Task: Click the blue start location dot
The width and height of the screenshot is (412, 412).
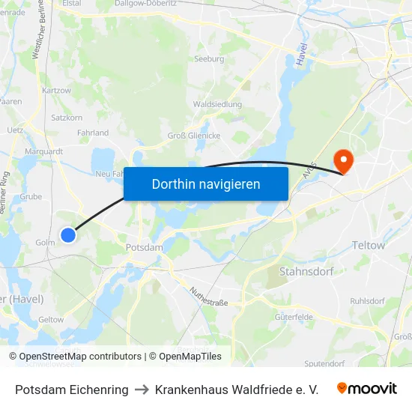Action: (68, 235)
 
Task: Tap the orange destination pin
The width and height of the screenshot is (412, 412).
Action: (344, 160)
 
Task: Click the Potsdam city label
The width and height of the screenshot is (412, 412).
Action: (145, 247)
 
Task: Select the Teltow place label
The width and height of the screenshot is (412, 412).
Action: (368, 245)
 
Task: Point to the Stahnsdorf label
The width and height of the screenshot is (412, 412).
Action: (305, 270)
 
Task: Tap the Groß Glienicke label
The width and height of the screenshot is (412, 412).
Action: (193, 136)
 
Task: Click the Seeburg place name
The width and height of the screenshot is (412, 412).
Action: (209, 58)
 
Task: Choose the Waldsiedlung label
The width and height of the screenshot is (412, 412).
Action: (216, 105)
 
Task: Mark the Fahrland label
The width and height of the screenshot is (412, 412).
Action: (93, 133)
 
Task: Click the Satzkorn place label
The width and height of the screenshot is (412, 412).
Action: (67, 118)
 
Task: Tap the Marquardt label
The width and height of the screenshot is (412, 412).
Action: (44, 150)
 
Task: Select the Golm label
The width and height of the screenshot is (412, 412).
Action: (44, 243)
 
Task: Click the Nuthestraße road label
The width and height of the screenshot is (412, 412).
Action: (208, 297)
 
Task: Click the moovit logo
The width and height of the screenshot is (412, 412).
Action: (367, 389)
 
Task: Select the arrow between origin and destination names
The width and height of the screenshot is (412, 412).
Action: (142, 390)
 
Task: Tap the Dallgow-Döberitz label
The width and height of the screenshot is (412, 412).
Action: (145, 4)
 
